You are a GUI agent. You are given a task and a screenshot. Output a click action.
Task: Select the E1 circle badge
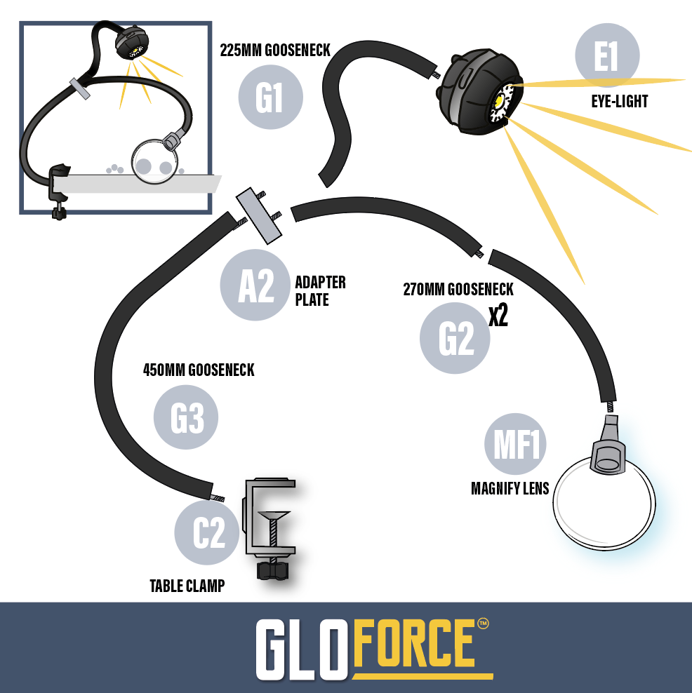[607, 57]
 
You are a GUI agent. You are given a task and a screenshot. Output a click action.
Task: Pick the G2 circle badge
[455, 339]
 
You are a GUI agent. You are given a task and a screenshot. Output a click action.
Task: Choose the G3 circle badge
[186, 419]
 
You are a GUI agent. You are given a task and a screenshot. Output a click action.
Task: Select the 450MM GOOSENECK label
[199, 370]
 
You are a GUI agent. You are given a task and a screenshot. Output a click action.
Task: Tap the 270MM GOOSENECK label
[458, 289]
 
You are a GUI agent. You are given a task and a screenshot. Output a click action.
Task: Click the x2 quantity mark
[498, 316]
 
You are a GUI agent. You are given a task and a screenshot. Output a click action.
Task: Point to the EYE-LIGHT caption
[619, 102]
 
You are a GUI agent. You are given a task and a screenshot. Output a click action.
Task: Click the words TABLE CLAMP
[187, 586]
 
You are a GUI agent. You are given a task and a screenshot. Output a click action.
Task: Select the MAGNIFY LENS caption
[510, 488]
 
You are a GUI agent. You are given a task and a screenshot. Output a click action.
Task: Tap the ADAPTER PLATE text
[320, 291]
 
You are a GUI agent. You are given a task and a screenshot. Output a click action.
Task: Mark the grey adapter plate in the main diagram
[259, 216]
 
